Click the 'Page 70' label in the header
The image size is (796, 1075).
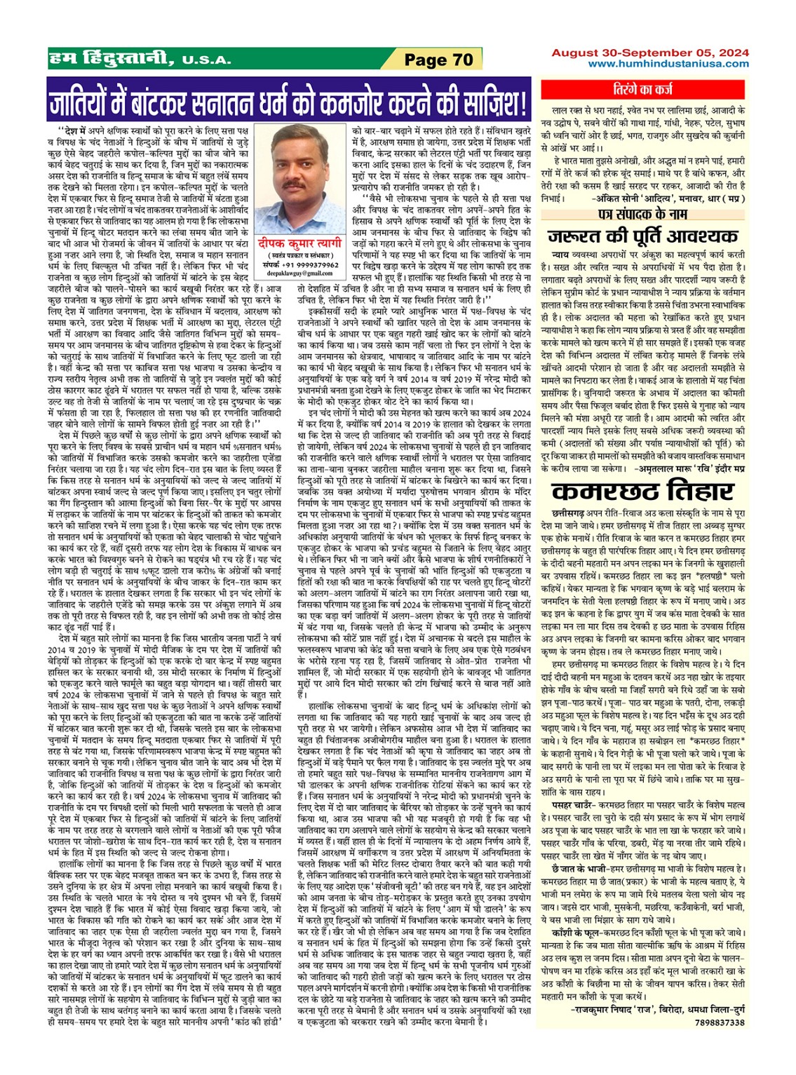439,60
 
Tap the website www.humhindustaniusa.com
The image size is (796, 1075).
668,64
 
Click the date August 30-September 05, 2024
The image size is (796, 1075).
649,53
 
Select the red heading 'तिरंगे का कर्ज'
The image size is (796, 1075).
662,90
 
